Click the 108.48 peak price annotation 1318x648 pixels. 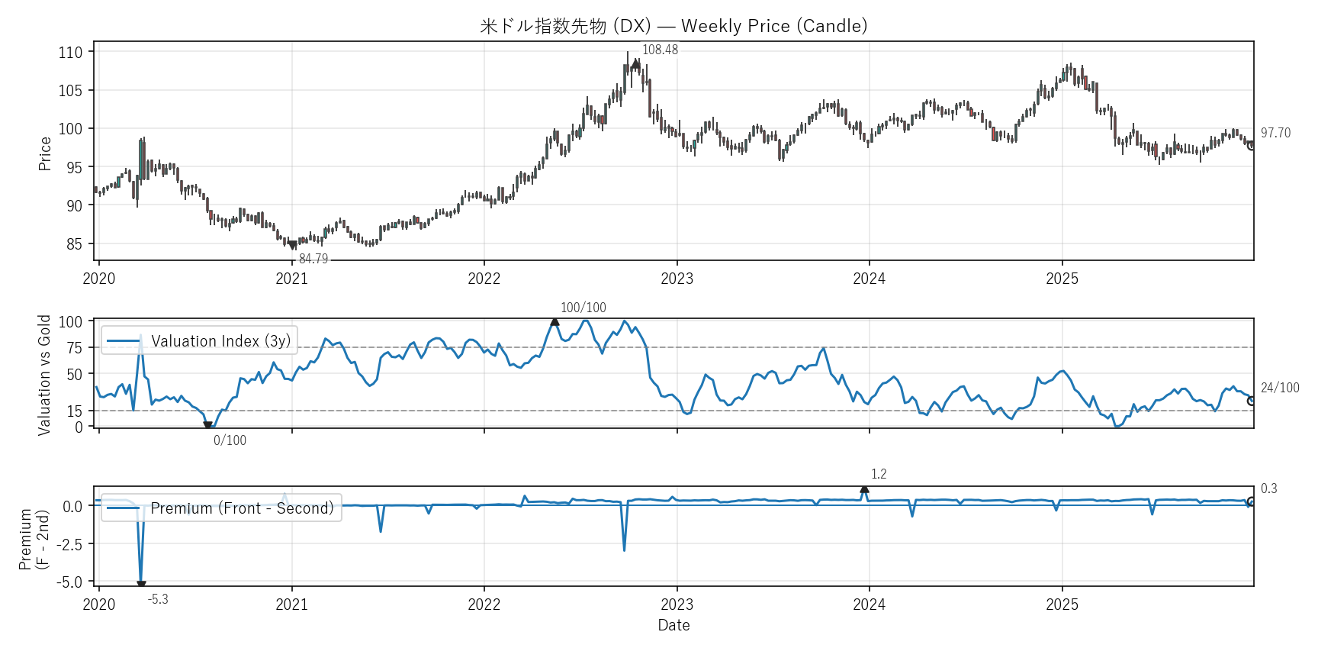(660, 50)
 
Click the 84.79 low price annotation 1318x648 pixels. (313, 259)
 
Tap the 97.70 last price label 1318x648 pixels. (1275, 133)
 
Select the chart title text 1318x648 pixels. (673, 26)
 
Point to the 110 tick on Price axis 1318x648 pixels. (70, 53)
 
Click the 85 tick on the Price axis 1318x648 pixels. (74, 244)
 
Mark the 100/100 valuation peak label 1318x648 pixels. (583, 308)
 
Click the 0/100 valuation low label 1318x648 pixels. (230, 440)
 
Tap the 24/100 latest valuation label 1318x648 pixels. (1280, 388)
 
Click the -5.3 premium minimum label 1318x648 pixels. (158, 599)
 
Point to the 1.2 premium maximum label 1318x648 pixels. (879, 474)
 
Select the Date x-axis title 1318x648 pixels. (673, 625)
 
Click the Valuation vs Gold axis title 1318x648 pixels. (44, 375)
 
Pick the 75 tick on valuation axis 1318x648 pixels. (74, 348)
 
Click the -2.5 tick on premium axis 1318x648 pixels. (69, 544)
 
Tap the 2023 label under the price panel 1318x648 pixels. (677, 279)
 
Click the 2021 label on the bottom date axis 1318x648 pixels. (291, 604)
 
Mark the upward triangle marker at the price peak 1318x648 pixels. (635, 63)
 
